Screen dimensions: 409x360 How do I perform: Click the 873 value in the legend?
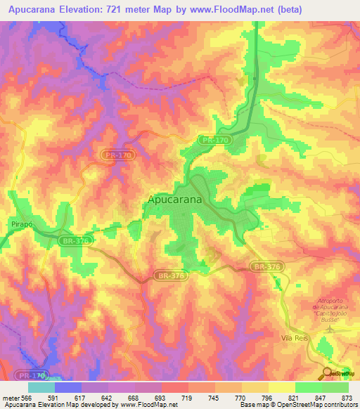[x=347, y=397]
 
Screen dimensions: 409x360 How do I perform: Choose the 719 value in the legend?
[x=188, y=397]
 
